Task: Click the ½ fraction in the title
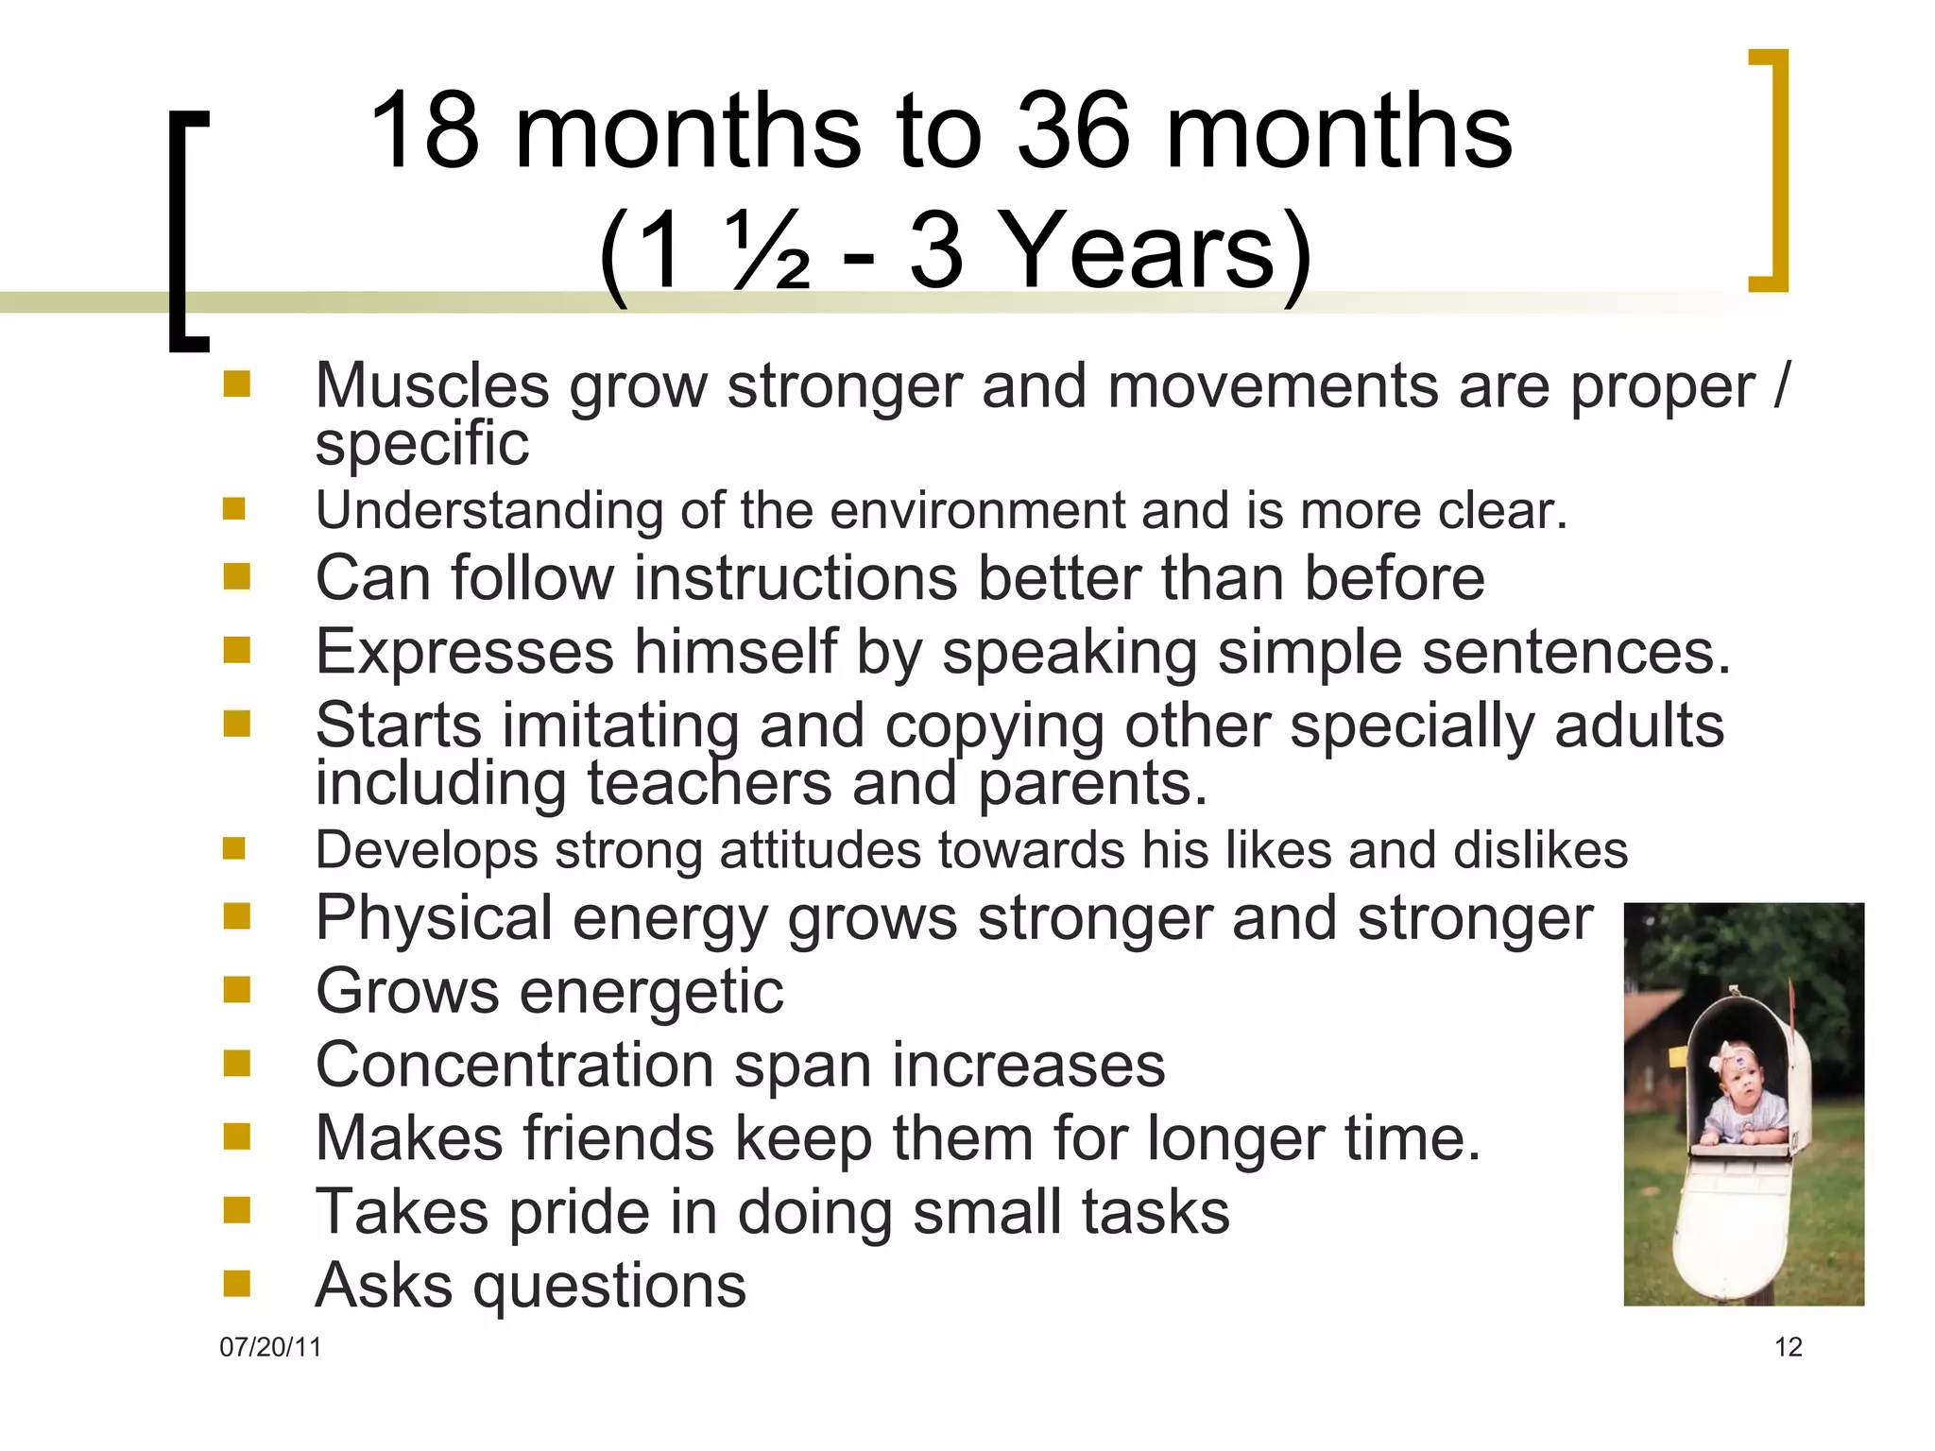pyautogui.click(x=769, y=249)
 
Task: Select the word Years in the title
pyautogui.click(x=1138, y=249)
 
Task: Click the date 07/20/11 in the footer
pyautogui.click(x=270, y=1347)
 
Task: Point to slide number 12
pyautogui.click(x=1789, y=1347)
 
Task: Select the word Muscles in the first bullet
pyautogui.click(x=432, y=386)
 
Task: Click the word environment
pyautogui.click(x=977, y=511)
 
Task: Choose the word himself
pyautogui.click(x=735, y=652)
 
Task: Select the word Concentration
pyautogui.click(x=514, y=1066)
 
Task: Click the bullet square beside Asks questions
pyautogui.click(x=236, y=1283)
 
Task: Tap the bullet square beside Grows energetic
pyautogui.click(x=236, y=989)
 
